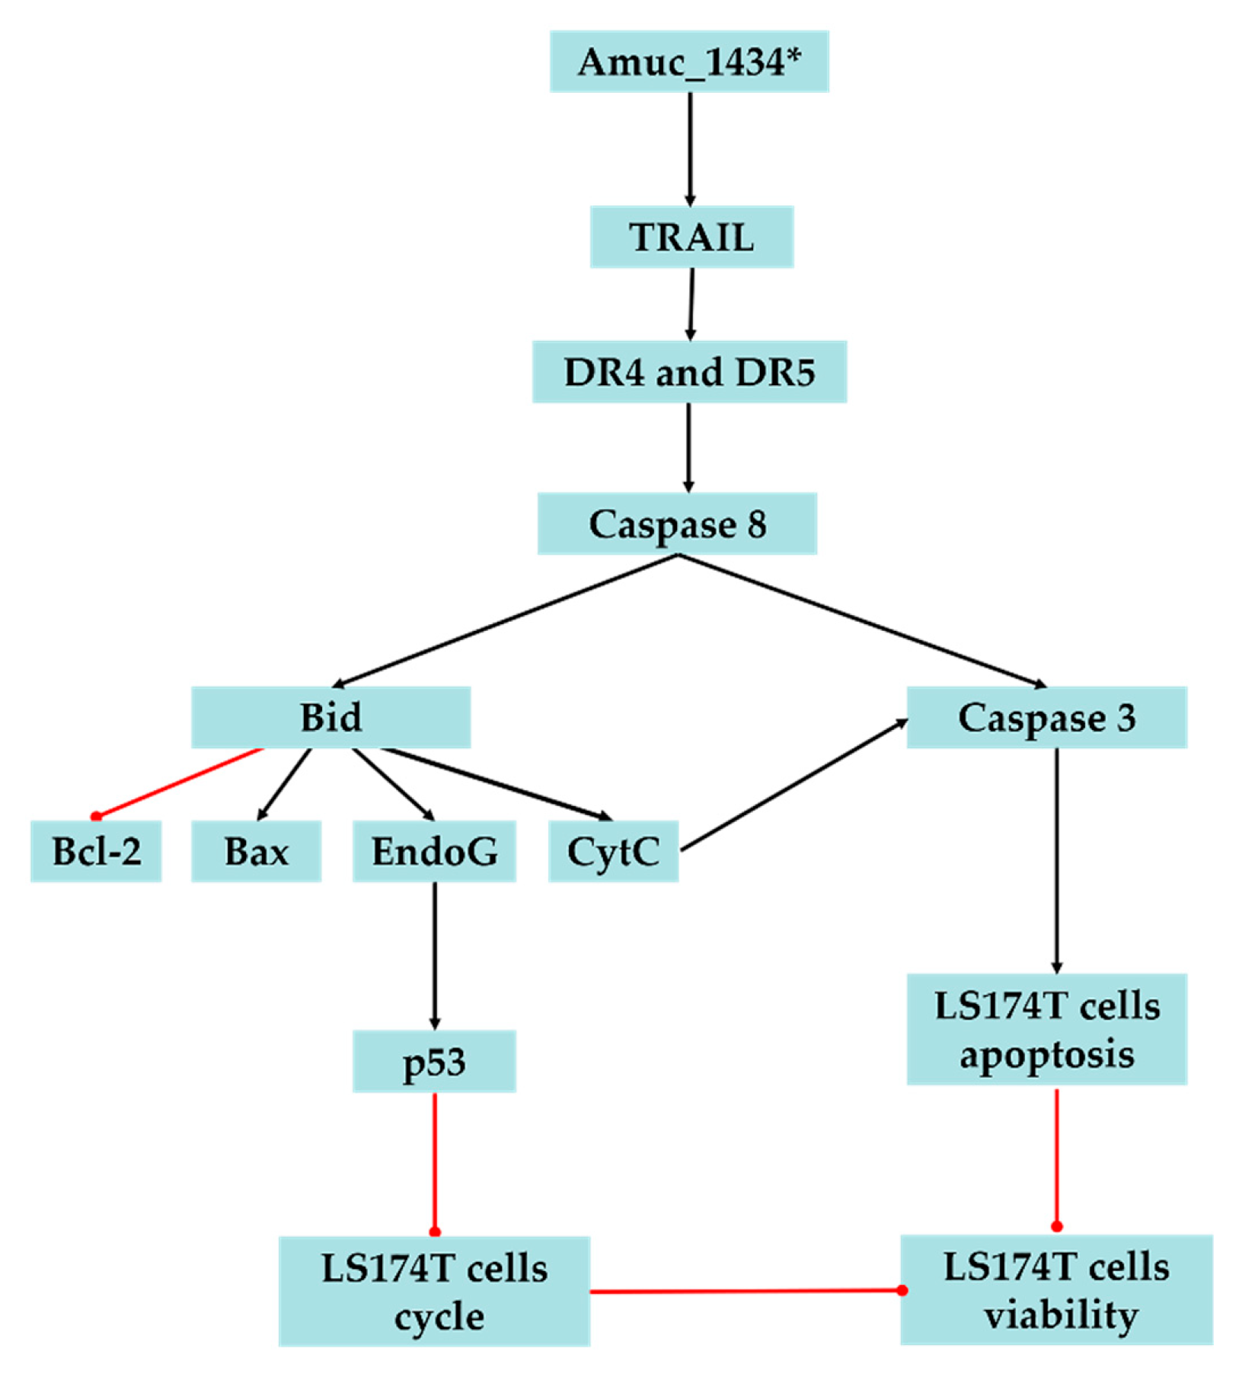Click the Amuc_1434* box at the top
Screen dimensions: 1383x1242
(x=689, y=62)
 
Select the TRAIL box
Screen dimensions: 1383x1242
(x=691, y=237)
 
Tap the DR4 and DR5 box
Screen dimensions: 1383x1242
(x=689, y=372)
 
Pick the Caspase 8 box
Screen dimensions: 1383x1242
(x=677, y=524)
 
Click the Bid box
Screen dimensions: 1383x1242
(x=330, y=717)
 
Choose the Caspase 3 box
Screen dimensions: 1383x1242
(x=1046, y=717)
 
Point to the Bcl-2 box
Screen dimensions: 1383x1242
(x=96, y=851)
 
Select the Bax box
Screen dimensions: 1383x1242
(x=256, y=851)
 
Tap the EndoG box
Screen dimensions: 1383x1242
(x=434, y=851)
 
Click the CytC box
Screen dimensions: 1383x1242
(x=613, y=851)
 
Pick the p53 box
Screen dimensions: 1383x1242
(x=434, y=1061)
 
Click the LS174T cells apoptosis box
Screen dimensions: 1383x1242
(x=1046, y=1029)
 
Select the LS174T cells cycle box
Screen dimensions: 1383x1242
(x=434, y=1292)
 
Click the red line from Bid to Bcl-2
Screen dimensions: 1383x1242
(x=180, y=782)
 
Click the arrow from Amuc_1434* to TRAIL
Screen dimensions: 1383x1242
(x=690, y=148)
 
